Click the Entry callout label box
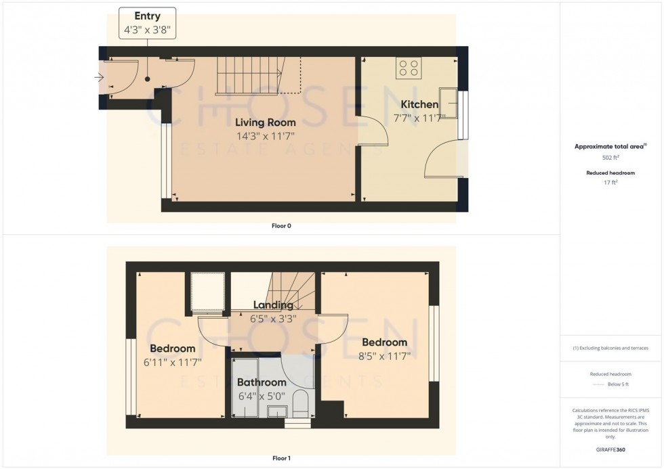point(147,22)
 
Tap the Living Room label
point(266,122)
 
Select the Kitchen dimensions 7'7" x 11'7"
point(419,118)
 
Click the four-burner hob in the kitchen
point(409,68)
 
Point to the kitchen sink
point(449,99)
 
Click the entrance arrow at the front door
point(99,77)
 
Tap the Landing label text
point(273,305)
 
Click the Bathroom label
point(262,382)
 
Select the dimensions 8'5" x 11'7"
point(386,356)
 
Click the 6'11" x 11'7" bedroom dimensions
point(173,362)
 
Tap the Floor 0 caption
point(281,226)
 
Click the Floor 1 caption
point(281,459)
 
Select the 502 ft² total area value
point(611,157)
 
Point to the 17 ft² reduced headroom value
point(611,182)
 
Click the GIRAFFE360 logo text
point(611,449)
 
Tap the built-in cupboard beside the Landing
point(207,292)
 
